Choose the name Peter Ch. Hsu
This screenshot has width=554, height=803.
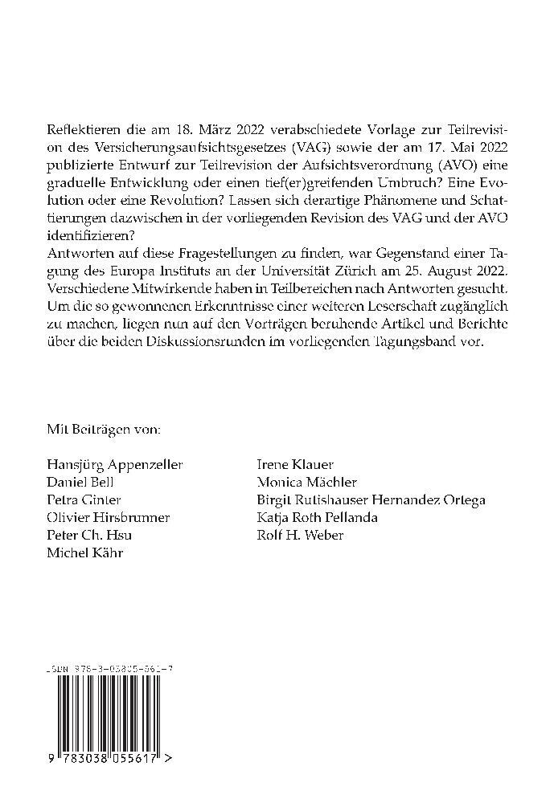pyautogui.click(x=84, y=535)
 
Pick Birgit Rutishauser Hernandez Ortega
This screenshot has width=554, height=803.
pyautogui.click(x=371, y=499)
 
